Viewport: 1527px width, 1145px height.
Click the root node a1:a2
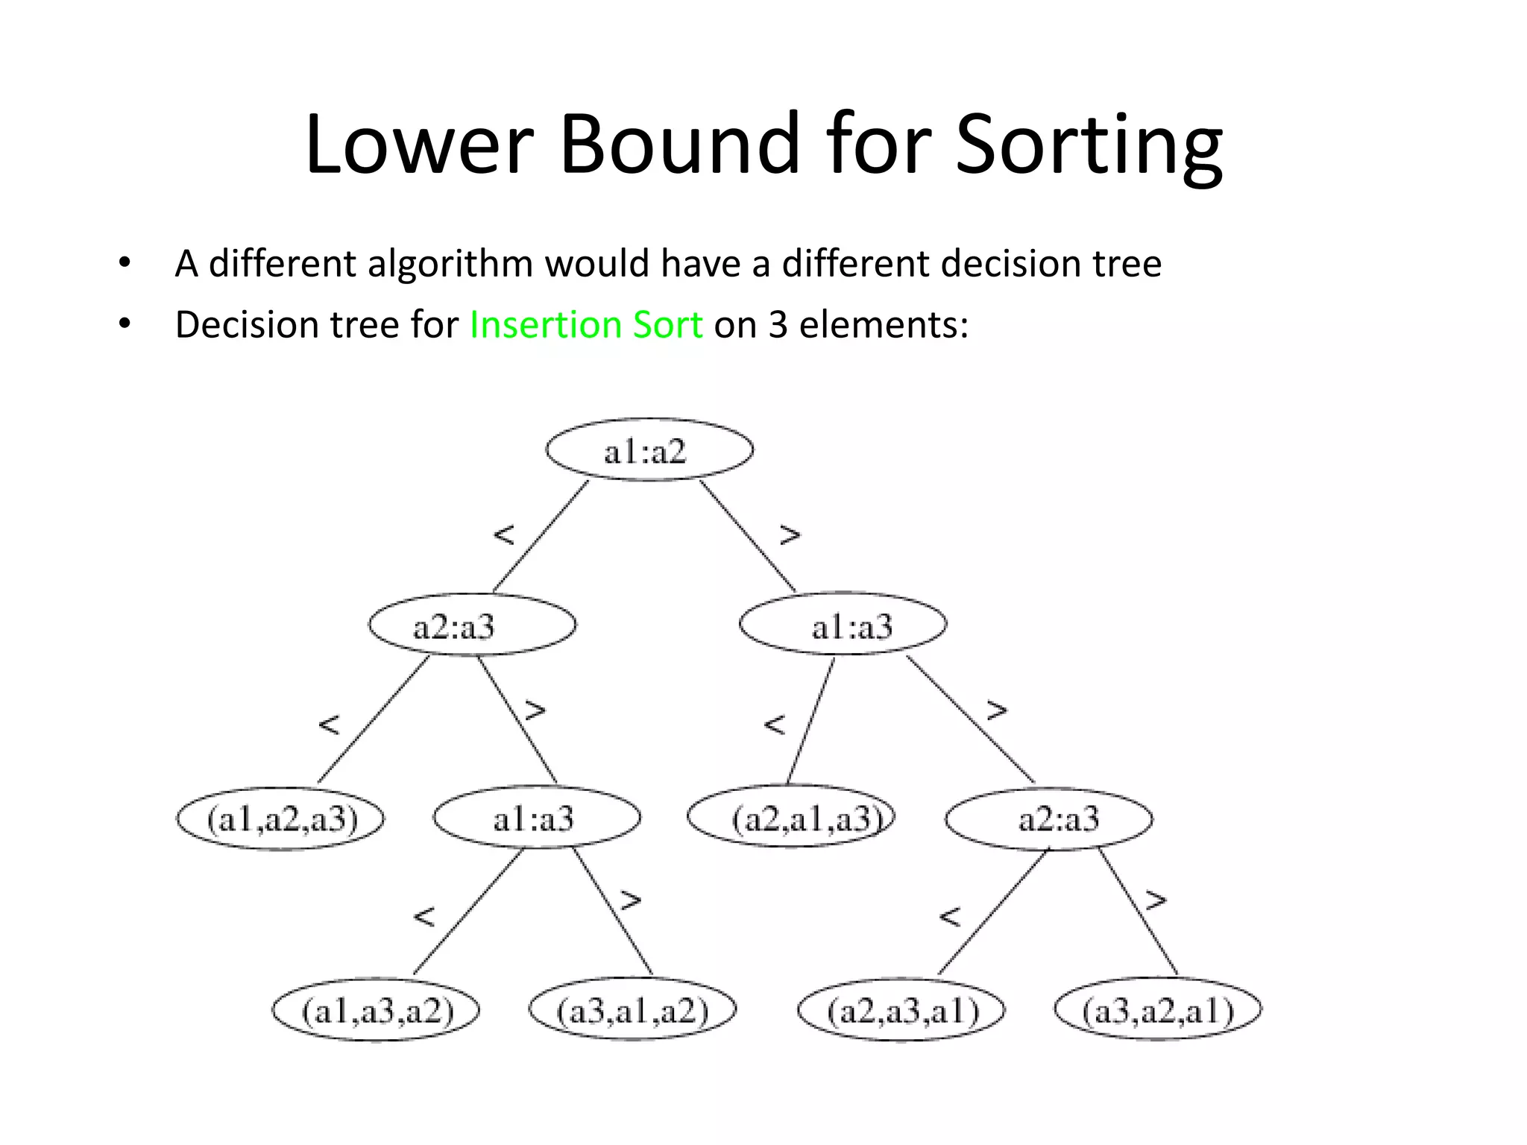tap(649, 450)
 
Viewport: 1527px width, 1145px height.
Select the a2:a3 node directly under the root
tap(472, 625)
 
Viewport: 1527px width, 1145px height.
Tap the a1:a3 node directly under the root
tap(843, 625)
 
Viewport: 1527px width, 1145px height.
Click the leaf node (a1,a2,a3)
tap(280, 818)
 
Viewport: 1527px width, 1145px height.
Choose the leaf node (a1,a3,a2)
tap(376, 1010)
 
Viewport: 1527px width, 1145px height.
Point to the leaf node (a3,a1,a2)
tap(632, 1010)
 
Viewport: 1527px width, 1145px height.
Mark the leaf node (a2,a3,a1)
tap(901, 1010)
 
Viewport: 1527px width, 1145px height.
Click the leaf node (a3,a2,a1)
tap(1158, 1010)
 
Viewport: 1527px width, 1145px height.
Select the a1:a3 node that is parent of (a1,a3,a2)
tap(536, 818)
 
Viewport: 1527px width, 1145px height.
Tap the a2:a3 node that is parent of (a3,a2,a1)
tap(1048, 818)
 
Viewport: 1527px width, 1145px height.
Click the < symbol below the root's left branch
tap(505, 534)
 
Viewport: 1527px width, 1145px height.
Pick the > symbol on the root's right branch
tap(790, 534)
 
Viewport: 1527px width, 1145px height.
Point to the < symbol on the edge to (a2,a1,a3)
tap(775, 724)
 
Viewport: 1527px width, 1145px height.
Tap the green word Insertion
tap(544, 324)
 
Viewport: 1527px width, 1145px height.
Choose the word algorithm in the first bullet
tap(450, 264)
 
